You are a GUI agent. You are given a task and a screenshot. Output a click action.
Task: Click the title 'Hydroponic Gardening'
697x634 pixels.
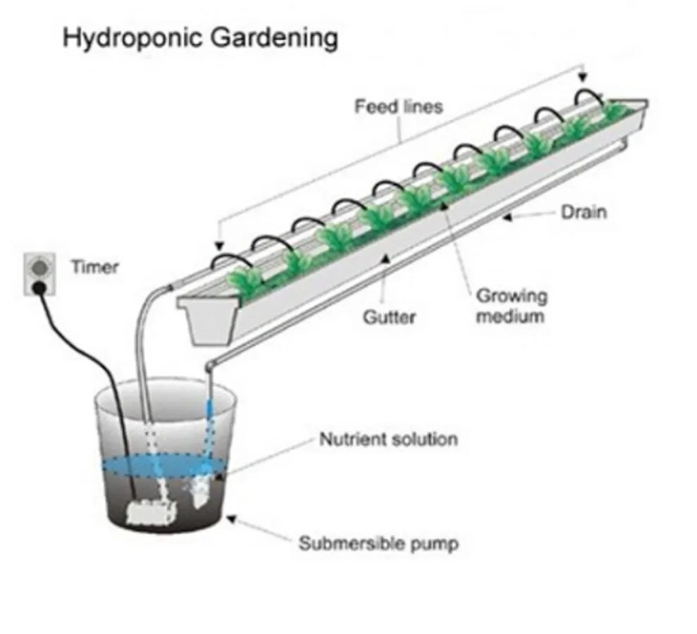click(x=200, y=37)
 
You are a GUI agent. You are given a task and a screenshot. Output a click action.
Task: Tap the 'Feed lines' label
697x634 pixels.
click(x=398, y=107)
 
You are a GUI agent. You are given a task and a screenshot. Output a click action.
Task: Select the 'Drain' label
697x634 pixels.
click(x=583, y=211)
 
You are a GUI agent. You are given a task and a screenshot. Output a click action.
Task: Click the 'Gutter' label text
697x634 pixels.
click(x=389, y=317)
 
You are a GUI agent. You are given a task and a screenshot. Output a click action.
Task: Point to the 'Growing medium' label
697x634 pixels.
click(x=511, y=305)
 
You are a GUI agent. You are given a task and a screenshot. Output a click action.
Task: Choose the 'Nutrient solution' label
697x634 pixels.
click(x=388, y=440)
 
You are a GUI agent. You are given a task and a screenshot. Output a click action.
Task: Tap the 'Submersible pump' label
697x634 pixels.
click(x=378, y=544)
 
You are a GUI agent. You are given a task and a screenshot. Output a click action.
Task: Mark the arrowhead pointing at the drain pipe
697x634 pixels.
click(x=508, y=218)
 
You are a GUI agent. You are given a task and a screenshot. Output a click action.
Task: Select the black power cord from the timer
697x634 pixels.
click(x=106, y=366)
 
